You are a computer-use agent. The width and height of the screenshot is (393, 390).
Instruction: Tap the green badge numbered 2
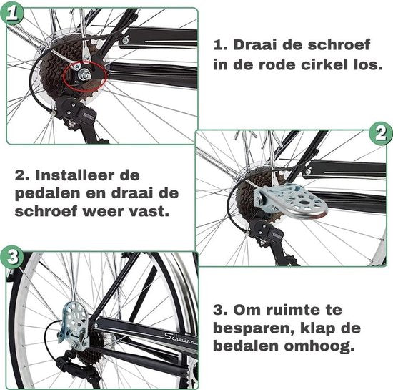click(x=380, y=132)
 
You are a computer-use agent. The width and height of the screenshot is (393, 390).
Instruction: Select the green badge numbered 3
click(x=11, y=257)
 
